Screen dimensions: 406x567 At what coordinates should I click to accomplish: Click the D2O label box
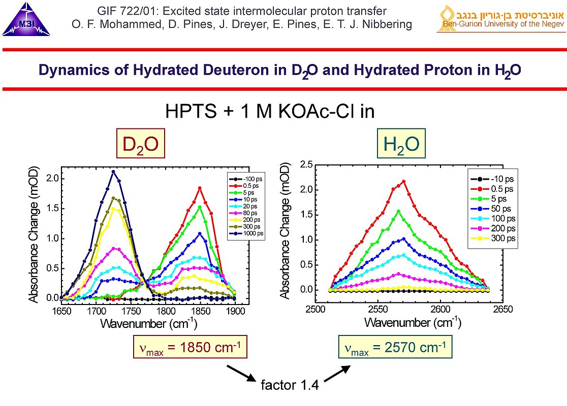(x=140, y=144)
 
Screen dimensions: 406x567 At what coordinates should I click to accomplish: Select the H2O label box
(x=401, y=144)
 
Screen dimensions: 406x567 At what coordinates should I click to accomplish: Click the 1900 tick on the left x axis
(x=234, y=311)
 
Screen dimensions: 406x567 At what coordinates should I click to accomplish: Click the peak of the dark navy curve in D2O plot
(x=113, y=172)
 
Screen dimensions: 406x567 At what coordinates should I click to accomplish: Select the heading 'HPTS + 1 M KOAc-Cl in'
(x=270, y=111)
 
